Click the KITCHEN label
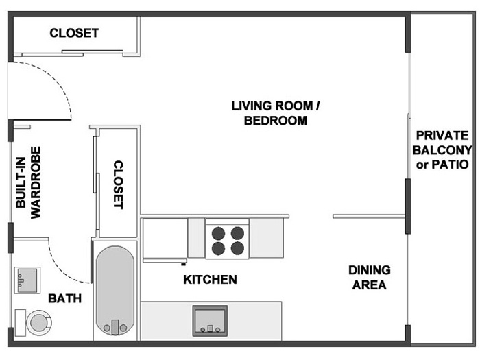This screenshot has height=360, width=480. pyautogui.click(x=210, y=280)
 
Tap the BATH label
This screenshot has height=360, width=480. pyautogui.click(x=65, y=298)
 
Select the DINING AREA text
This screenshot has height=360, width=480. pyautogui.click(x=370, y=278)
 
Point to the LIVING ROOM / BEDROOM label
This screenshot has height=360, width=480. pyautogui.click(x=276, y=113)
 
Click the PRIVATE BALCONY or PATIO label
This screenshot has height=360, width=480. pyautogui.click(x=442, y=150)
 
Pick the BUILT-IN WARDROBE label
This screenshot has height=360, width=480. pyautogui.click(x=28, y=183)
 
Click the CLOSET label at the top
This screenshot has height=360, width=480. pyautogui.click(x=74, y=33)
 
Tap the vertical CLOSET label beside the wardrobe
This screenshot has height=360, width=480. pyautogui.click(x=119, y=184)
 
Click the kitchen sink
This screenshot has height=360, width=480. pyautogui.click(x=210, y=320)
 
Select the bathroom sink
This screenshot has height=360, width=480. pyautogui.click(x=27, y=280)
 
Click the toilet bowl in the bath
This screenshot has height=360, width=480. pyautogui.click(x=39, y=323)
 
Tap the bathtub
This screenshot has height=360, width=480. pyautogui.click(x=115, y=291)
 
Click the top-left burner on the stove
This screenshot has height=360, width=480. pyautogui.click(x=218, y=233)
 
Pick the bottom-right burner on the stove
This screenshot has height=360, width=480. pyautogui.click(x=237, y=248)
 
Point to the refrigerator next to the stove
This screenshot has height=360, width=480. pyautogui.click(x=165, y=239)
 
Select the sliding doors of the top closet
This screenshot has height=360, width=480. pyautogui.click(x=72, y=53)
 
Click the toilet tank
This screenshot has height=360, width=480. pyautogui.click(x=20, y=323)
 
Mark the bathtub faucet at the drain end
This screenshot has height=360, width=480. pyautogui.click(x=115, y=327)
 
